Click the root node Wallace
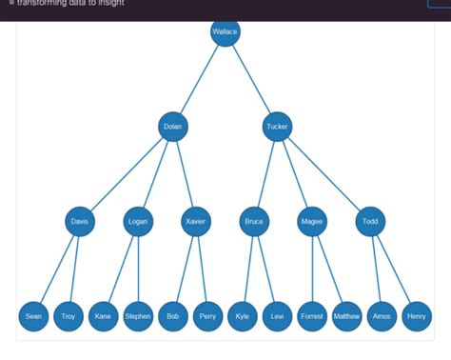pyautogui.click(x=225, y=31)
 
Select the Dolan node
pyautogui.click(x=172, y=126)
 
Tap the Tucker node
pyautogui.click(x=277, y=126)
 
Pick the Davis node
pyautogui.click(x=81, y=222)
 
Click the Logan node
pyautogui.click(x=138, y=222)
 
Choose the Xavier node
pyautogui.click(x=195, y=222)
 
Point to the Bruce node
pyautogui.click(x=254, y=222)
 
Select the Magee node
pyautogui.click(x=312, y=222)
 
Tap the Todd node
pyautogui.click(x=370, y=222)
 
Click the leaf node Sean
pyautogui.click(x=33, y=316)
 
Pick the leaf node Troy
pyautogui.click(x=69, y=316)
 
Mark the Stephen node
pyautogui.click(x=138, y=316)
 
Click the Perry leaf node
pyautogui.click(x=207, y=316)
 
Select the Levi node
pyautogui.click(x=277, y=316)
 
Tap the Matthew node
pyautogui.click(x=347, y=316)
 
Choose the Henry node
pyautogui.click(x=417, y=316)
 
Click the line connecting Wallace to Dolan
pyautogui.click(x=199, y=78)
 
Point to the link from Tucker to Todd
pyautogui.click(x=324, y=173)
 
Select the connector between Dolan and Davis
pyautogui.click(x=127, y=173)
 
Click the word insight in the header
pyautogui.click(x=108, y=3)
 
